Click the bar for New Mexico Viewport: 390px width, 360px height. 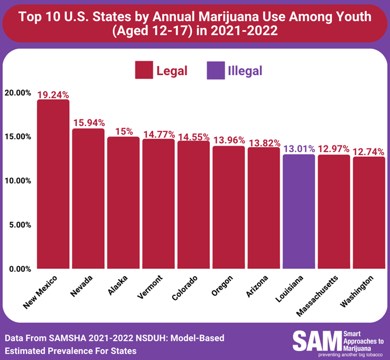tap(53, 184)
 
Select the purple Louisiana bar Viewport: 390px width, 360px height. tap(298, 211)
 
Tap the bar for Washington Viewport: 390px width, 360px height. tap(368, 212)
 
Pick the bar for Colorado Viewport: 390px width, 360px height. tap(193, 204)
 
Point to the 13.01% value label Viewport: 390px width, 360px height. tap(298, 149)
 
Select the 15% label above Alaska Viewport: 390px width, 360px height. tap(123, 131)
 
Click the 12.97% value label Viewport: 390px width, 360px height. tap(333, 149)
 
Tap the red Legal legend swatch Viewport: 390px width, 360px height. tap(143, 71)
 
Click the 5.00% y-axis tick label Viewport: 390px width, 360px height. tap(19, 225)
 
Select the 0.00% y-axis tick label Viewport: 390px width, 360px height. tap(19, 269)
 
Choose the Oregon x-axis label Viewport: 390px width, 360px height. tap(221, 288)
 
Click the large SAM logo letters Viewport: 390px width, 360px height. tap(316, 341)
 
